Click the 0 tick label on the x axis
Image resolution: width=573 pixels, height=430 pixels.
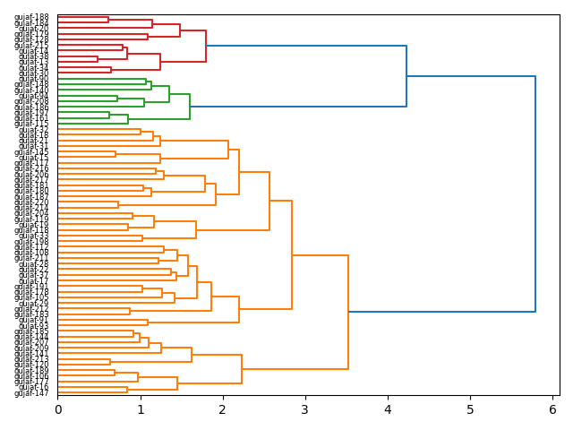[58, 410]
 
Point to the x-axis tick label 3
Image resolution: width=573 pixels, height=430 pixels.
[305, 410]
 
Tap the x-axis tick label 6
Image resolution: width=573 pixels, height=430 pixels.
[552, 410]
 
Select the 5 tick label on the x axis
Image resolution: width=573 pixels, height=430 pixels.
[470, 410]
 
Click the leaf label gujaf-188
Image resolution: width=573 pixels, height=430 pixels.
[31, 17]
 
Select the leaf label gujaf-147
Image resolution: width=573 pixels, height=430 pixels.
[31, 393]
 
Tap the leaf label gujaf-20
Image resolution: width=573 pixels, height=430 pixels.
[34, 29]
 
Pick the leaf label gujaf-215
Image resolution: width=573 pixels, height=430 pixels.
[31, 158]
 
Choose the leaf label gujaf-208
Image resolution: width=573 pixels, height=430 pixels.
[31, 101]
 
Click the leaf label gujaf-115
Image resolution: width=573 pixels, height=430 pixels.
[31, 124]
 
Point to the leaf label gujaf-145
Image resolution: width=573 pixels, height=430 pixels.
[31, 152]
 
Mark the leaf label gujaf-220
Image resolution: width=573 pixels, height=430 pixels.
[31, 365]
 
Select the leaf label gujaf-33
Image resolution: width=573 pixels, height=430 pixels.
[34, 236]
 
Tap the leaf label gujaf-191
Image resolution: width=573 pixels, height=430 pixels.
[31, 287]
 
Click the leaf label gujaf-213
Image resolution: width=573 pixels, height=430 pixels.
[31, 359]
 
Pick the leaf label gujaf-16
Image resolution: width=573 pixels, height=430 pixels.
[34, 387]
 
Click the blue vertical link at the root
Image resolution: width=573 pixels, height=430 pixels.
[535, 194]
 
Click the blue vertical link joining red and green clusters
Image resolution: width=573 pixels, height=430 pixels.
[406, 76]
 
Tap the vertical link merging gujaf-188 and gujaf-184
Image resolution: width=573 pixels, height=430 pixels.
[108, 20]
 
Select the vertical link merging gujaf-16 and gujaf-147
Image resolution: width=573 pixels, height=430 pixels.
[127, 391]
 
